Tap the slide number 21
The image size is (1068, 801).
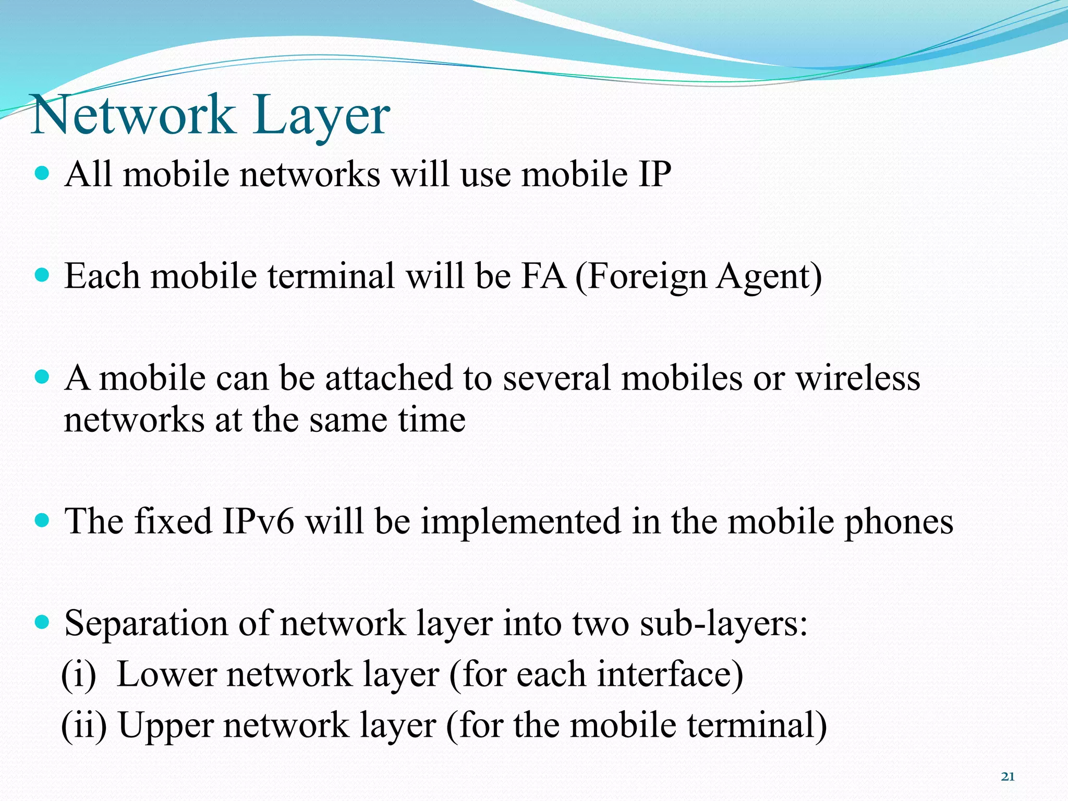1008,777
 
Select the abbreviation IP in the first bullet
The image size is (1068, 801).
654,174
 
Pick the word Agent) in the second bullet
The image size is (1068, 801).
769,277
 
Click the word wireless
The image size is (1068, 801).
857,378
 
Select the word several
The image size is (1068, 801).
556,378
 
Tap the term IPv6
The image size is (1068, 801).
258,521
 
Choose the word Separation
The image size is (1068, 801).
147,623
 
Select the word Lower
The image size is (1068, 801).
166,674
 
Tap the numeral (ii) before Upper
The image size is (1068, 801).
83,725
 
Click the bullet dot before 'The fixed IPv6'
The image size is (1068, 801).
42,520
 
